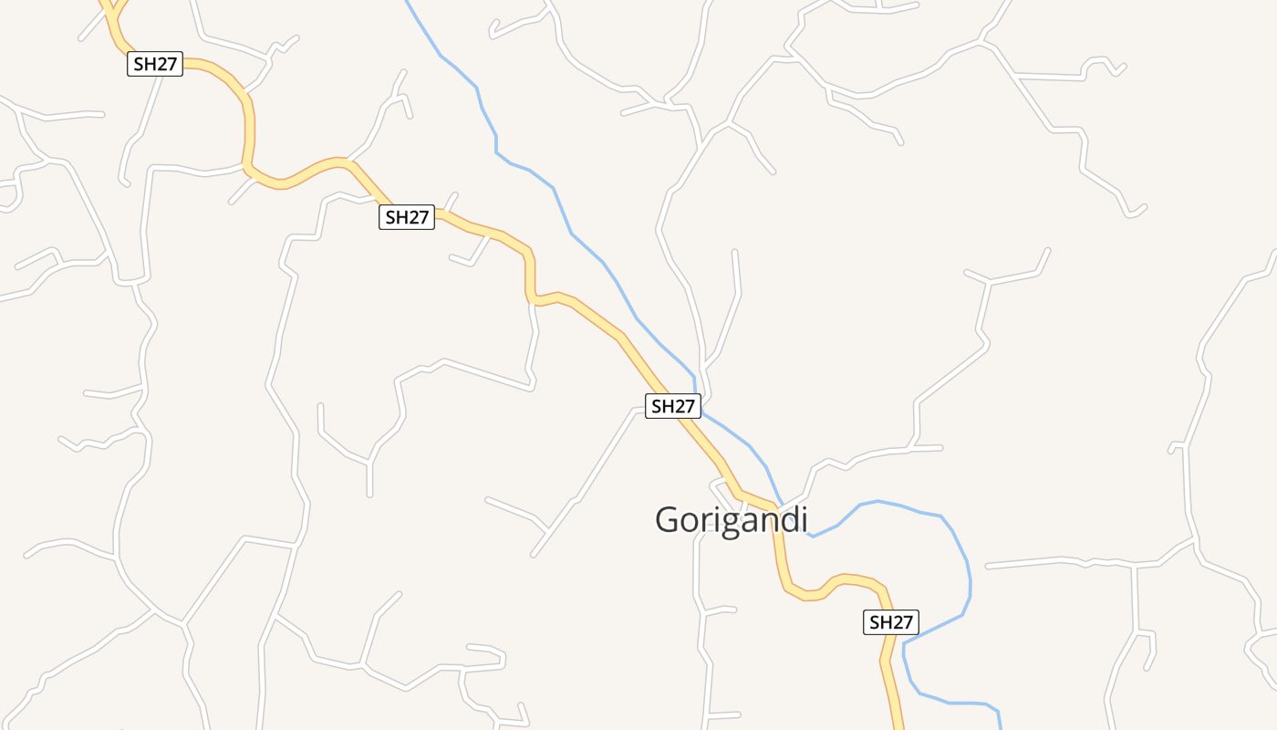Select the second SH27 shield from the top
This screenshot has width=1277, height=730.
(407, 217)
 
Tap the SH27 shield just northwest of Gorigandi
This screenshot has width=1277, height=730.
(673, 406)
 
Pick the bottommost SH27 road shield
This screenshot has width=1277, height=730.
(891, 622)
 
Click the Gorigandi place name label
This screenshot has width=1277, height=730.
(732, 519)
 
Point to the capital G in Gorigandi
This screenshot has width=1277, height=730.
(668, 519)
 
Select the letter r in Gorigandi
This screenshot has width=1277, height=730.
(702, 521)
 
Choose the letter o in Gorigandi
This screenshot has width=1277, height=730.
(688, 521)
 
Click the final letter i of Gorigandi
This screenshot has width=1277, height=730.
(804, 518)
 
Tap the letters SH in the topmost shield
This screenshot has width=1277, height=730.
(146, 64)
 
